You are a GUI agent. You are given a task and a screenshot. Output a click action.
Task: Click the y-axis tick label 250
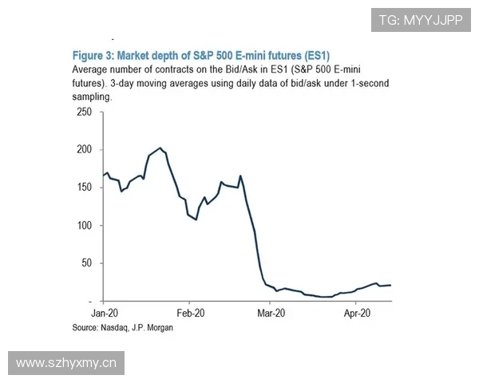coord(83,112)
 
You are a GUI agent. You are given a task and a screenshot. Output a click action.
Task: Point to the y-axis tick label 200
coord(83,150)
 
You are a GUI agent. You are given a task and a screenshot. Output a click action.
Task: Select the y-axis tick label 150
coord(83,188)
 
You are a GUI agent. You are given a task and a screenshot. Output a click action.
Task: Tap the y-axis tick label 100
coord(83,226)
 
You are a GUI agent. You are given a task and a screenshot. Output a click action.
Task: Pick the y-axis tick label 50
coord(86,263)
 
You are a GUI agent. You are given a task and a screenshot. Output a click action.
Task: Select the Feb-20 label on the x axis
coord(191,314)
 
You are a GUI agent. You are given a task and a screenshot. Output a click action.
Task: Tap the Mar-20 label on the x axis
coord(271,314)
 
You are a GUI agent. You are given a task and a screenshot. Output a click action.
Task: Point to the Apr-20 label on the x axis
coord(355,314)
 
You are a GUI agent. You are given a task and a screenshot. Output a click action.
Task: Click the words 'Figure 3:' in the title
coord(94,55)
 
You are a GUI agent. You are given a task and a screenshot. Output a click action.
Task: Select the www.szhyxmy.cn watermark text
coord(67,364)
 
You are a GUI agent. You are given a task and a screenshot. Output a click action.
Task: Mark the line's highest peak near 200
coord(160,148)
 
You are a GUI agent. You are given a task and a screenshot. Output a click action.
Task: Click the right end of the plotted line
coord(391,285)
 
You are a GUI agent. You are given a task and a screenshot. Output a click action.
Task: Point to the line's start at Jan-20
coord(104,175)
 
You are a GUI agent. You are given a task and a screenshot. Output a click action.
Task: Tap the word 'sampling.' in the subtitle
coord(90,96)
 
